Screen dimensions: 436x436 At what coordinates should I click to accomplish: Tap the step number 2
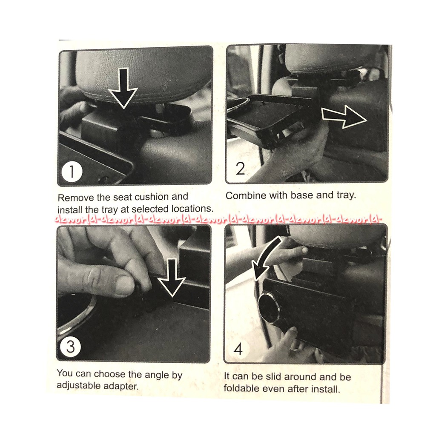(x=240, y=169)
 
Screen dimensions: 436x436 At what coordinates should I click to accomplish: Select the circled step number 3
(x=71, y=347)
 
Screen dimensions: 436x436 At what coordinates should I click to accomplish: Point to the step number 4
(x=238, y=349)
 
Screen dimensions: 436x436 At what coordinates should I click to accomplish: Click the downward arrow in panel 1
(x=123, y=88)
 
